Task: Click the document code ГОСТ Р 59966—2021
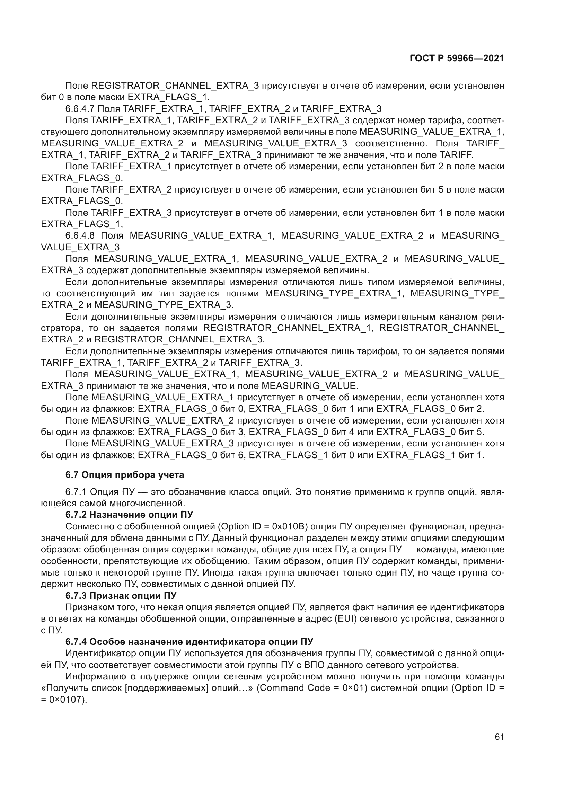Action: [x=457, y=59]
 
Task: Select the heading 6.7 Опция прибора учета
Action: [x=125, y=475]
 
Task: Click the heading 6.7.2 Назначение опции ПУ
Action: [x=129, y=514]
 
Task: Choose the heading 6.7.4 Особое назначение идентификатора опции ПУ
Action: [x=189, y=641]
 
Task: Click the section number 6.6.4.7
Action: [x=79, y=109]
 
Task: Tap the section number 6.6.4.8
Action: [x=80, y=235]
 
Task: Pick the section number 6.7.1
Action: [x=76, y=492]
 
